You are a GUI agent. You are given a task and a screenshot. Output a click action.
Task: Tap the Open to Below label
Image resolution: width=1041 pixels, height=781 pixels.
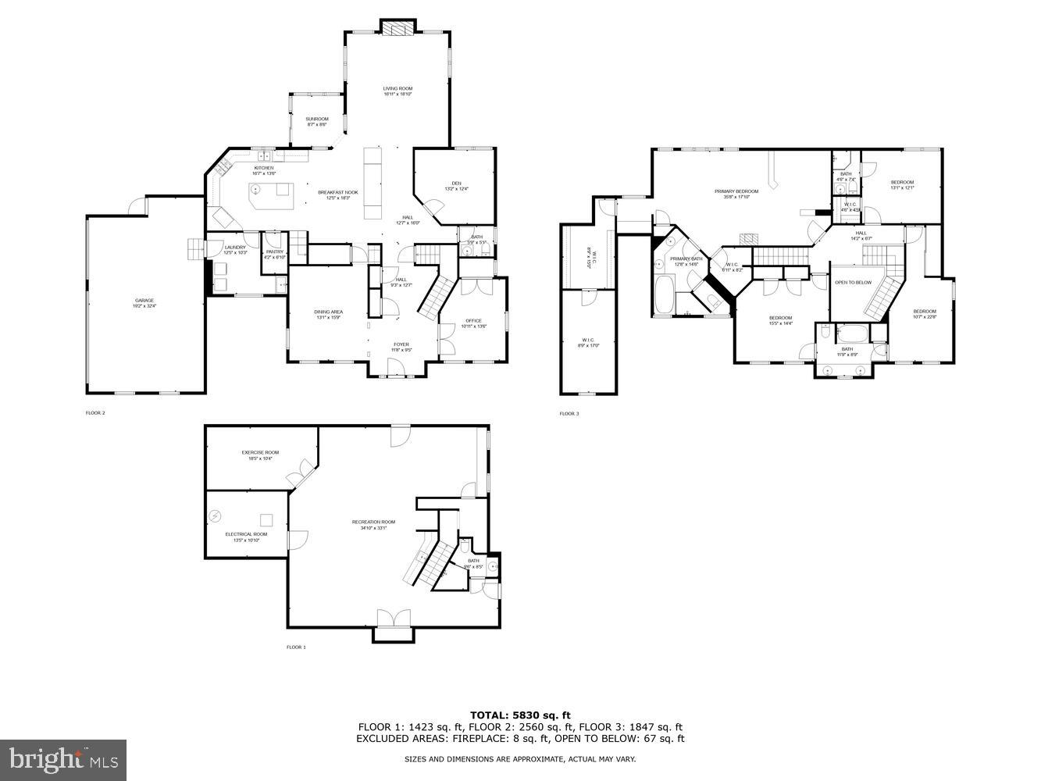click(853, 282)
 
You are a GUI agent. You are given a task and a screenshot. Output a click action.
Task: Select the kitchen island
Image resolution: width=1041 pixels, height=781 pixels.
click(270, 195)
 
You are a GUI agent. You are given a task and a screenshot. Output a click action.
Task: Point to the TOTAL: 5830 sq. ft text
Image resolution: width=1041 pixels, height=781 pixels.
click(520, 715)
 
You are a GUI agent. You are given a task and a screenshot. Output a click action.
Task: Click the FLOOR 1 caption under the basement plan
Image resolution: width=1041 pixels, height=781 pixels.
click(296, 647)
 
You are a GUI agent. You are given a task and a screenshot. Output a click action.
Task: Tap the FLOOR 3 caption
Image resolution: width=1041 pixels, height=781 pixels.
click(569, 413)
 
